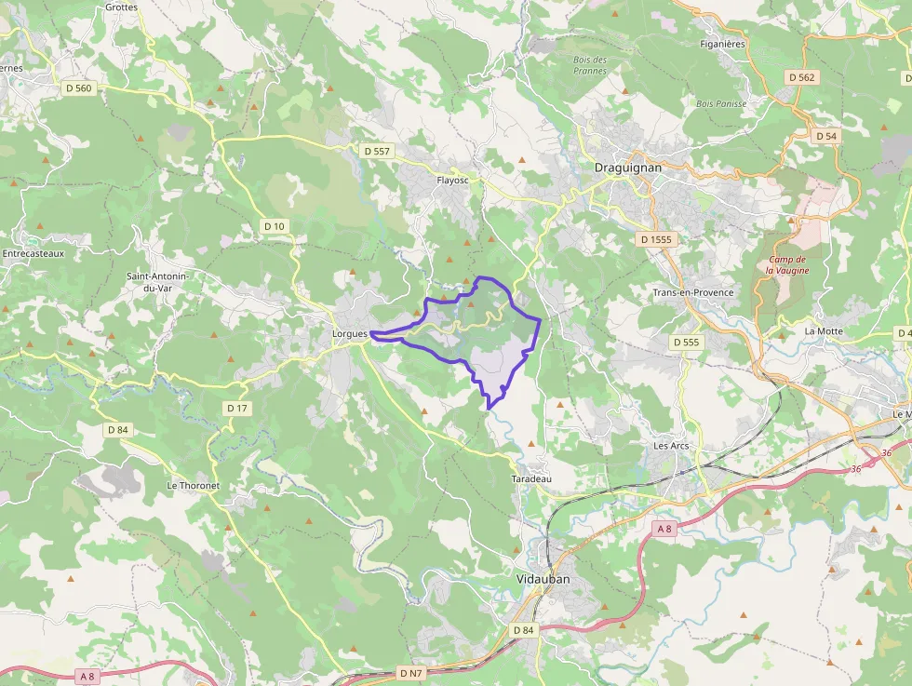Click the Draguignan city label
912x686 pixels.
click(x=627, y=168)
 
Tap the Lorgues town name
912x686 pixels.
click(x=352, y=333)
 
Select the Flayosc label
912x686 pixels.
click(x=453, y=181)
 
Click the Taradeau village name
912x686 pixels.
click(x=531, y=478)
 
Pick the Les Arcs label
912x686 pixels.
click(x=671, y=446)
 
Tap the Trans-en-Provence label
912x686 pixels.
click(x=693, y=292)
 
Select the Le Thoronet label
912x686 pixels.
click(x=193, y=486)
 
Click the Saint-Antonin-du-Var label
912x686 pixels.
click(x=158, y=282)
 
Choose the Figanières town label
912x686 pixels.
click(x=722, y=44)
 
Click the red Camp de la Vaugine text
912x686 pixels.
click(x=787, y=264)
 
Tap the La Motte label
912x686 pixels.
click(x=824, y=331)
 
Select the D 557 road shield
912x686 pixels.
click(x=377, y=150)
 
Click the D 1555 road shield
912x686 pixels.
click(x=656, y=239)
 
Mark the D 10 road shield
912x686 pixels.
click(x=275, y=226)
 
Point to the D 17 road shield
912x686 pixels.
click(x=237, y=409)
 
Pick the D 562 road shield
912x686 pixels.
click(x=800, y=77)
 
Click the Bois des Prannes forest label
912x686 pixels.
click(x=590, y=65)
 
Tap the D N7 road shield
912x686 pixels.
click(x=410, y=672)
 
